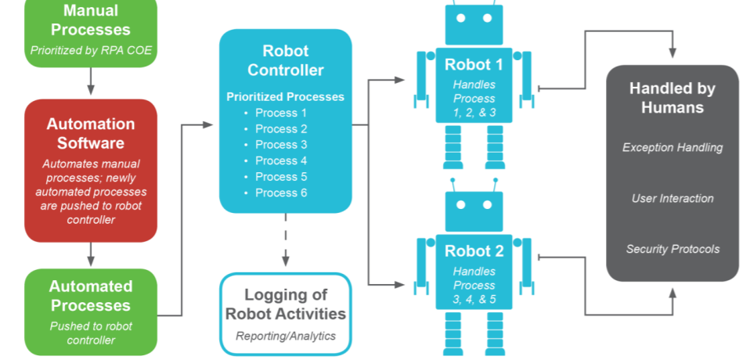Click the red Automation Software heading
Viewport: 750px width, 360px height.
(x=91, y=133)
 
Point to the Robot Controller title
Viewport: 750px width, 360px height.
(x=286, y=60)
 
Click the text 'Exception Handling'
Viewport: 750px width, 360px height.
(x=672, y=147)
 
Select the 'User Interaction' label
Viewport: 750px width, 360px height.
(x=672, y=198)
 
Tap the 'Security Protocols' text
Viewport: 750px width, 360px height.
(x=672, y=249)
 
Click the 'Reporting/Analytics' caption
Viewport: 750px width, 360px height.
(x=285, y=336)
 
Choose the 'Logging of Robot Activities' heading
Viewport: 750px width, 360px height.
(x=285, y=304)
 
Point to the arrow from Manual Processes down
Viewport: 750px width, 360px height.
(x=91, y=81)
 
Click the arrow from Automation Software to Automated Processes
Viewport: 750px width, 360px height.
(x=91, y=254)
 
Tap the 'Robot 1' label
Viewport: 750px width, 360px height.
(x=474, y=64)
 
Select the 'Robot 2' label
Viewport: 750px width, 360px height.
(x=474, y=251)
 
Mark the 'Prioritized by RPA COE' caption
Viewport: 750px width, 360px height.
(x=91, y=50)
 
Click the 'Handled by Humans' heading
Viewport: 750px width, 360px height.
(x=672, y=98)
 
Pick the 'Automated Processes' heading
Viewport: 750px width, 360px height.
(x=91, y=296)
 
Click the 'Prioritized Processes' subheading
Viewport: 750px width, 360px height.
(x=285, y=97)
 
